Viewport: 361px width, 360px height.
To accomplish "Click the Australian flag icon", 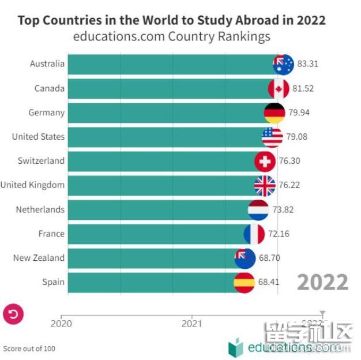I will click(x=283, y=64).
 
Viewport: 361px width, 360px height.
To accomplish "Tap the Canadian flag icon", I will click(x=279, y=88).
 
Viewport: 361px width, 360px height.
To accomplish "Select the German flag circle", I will click(x=274, y=112).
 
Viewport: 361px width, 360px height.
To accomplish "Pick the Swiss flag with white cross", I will click(x=265, y=161).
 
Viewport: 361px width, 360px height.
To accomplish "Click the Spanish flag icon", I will click(x=244, y=282).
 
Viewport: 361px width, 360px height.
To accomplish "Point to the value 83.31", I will click(x=307, y=64).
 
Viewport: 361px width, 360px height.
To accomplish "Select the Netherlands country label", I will click(x=40, y=209).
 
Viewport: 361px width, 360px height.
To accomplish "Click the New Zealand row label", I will click(x=39, y=258).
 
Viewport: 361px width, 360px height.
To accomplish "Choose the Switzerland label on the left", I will click(x=40, y=161).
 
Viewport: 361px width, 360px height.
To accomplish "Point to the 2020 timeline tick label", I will click(x=61, y=324).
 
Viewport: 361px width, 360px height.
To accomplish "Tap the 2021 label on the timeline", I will click(x=191, y=324).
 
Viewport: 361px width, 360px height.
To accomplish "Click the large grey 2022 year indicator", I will click(x=322, y=283).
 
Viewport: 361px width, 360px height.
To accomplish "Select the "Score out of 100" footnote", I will click(x=29, y=348).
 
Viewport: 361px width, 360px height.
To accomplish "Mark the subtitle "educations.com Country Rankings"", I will click(x=171, y=37).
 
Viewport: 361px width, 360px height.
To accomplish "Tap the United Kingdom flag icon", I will click(x=265, y=185).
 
